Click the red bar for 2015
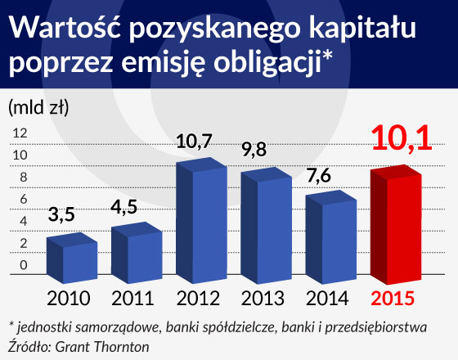tap(396, 224)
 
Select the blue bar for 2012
tap(201, 221)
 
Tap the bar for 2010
tap(72, 258)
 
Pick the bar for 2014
tap(331, 237)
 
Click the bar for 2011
tap(137, 253)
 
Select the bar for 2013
tap(267, 226)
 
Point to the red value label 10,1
tap(402, 138)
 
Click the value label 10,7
tap(194, 141)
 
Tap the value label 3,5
tap(61, 214)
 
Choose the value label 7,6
tap(319, 175)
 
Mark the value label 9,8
tap(254, 149)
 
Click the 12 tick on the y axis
tap(20, 133)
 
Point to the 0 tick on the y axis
tap(24, 265)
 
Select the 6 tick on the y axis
tap(24, 200)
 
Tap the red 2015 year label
tap(393, 299)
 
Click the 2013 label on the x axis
tap(263, 299)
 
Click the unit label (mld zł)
tap(38, 107)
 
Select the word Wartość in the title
tap(65, 28)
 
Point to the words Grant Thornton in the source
tap(102, 347)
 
